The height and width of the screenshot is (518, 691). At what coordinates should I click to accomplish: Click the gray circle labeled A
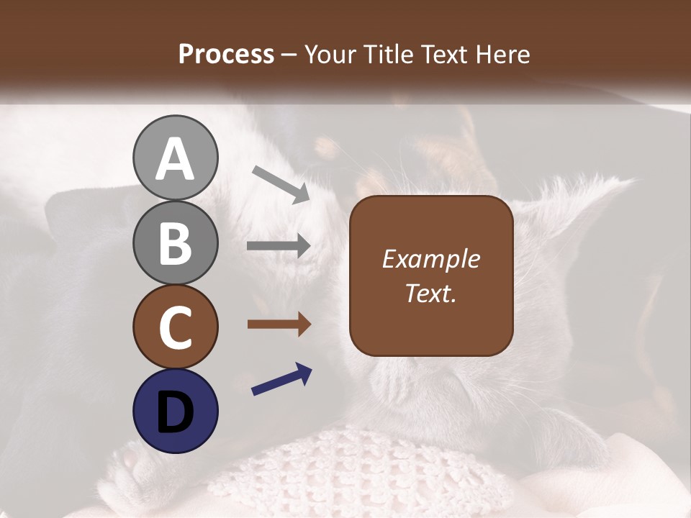click(x=175, y=158)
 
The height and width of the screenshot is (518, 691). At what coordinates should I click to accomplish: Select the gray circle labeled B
click(x=175, y=242)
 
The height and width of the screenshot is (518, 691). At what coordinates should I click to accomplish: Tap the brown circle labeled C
click(x=175, y=327)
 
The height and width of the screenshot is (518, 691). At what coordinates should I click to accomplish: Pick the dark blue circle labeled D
click(x=175, y=411)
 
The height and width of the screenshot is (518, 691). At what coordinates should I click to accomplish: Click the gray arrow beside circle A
click(x=281, y=183)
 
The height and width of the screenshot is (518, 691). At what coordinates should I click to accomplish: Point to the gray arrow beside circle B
click(x=279, y=246)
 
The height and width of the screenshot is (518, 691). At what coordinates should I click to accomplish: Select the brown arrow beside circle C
click(x=279, y=324)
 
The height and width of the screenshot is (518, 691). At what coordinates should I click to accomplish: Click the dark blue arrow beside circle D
click(x=281, y=380)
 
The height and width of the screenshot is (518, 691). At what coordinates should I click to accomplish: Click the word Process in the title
click(x=226, y=55)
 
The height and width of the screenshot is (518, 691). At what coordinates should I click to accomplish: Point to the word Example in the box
click(x=430, y=260)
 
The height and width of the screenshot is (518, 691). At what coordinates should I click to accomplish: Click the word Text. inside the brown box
click(x=430, y=294)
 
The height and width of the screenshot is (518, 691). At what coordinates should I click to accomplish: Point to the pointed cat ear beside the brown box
click(x=576, y=209)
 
